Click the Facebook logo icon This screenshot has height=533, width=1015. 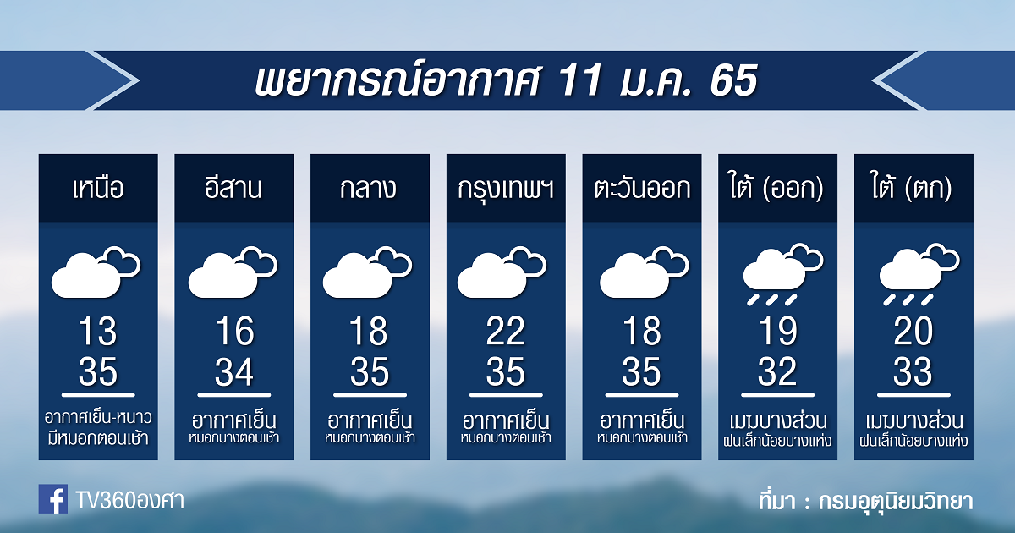[x=53, y=498]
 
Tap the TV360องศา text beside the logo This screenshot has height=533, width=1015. [x=130, y=500]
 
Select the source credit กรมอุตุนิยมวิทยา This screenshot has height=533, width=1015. [x=896, y=502]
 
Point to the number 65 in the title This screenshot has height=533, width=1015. [x=733, y=80]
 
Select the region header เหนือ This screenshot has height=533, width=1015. [x=98, y=188]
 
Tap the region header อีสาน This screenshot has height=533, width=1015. [x=233, y=188]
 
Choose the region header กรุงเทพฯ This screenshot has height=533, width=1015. [x=506, y=189]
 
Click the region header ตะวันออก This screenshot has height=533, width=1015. [x=642, y=188]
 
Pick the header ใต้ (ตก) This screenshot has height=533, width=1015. [x=912, y=188]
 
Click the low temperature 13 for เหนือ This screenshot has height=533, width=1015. [x=98, y=332]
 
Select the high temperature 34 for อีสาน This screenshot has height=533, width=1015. [x=233, y=371]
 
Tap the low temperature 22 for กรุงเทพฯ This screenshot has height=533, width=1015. [x=506, y=332]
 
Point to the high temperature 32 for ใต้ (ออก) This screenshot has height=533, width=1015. [x=777, y=371]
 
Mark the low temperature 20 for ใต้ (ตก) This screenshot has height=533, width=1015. [x=913, y=332]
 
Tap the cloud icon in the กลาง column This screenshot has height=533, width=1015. [x=367, y=272]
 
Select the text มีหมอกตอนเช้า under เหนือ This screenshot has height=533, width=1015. [x=98, y=439]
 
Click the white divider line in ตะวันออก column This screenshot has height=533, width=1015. [x=642, y=395]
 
